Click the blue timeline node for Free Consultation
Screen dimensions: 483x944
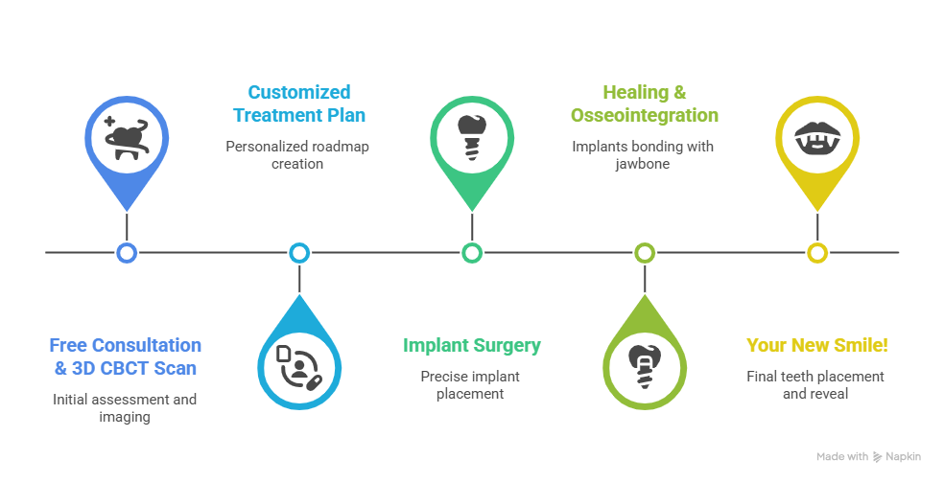126,253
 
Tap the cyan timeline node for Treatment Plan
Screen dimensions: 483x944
299,253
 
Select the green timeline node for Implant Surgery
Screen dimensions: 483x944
471,253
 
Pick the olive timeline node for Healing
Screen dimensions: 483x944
645,253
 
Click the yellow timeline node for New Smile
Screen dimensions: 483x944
816,253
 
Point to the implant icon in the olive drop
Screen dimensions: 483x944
645,364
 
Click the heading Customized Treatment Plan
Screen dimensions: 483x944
299,103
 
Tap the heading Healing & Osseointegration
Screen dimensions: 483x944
644,103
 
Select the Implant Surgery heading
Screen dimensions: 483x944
472,345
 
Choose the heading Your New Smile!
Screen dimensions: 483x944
815,345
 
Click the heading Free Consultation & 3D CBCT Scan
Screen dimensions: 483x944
126,356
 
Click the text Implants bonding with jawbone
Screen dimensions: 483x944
643,155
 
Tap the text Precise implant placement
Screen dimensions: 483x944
471,384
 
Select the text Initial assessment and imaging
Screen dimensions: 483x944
126,407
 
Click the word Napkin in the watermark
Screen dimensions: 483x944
905,457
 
